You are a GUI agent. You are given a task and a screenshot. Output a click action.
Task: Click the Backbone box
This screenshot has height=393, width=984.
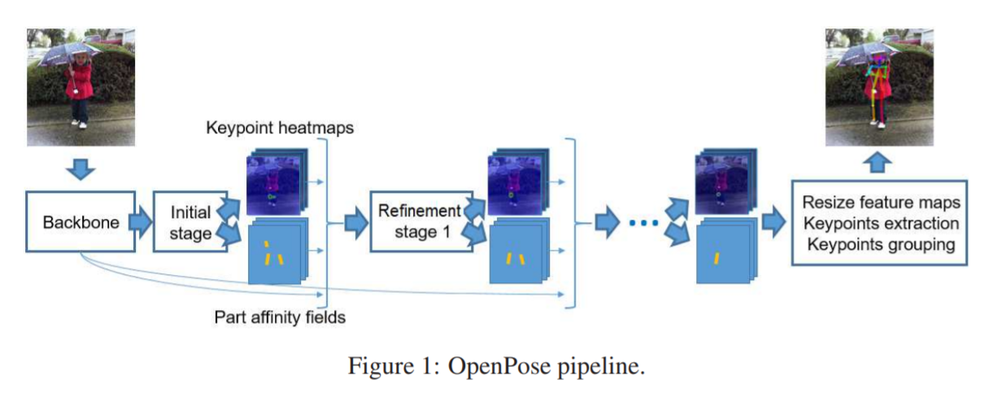[81, 222]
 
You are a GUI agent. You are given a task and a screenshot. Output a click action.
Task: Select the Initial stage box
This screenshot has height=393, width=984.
[190, 222]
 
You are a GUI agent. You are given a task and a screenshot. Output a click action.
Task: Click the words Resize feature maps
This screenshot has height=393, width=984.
[880, 203]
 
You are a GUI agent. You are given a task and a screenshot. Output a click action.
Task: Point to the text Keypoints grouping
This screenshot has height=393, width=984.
[880, 244]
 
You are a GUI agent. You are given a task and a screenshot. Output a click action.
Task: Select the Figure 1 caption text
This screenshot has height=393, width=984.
[496, 366]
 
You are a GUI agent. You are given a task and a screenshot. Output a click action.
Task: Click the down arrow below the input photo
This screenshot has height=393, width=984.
[80, 170]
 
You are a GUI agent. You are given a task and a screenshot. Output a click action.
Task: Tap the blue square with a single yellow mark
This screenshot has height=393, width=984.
[723, 254]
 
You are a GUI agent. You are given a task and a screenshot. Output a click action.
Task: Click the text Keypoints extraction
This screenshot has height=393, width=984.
[880, 223]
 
